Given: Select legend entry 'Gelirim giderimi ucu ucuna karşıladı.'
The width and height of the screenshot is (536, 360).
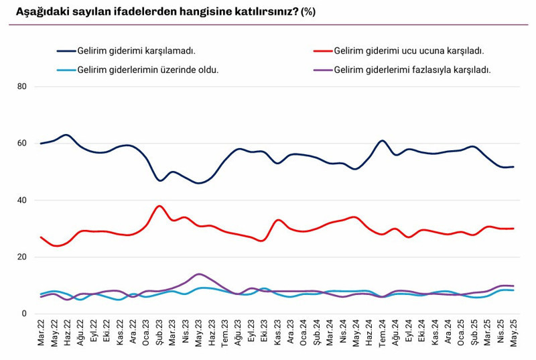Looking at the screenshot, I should click(x=408, y=50).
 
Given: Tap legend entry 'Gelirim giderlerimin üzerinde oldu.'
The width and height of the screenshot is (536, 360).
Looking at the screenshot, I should click(x=148, y=69).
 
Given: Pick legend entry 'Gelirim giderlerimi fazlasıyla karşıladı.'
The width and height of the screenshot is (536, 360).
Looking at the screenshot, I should click(x=412, y=69).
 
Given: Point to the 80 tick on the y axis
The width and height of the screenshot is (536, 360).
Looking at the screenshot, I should click(x=22, y=86).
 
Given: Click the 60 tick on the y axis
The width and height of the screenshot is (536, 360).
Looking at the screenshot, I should click(x=22, y=143).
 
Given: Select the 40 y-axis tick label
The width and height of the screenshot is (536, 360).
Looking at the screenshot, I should click(x=22, y=200).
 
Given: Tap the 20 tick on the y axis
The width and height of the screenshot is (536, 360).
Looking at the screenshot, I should click(x=22, y=257).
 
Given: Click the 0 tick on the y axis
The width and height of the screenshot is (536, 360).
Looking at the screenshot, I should click(x=24, y=314).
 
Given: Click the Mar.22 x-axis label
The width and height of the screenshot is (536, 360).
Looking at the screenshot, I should click(x=42, y=333).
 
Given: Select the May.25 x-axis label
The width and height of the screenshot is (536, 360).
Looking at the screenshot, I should click(x=513, y=333).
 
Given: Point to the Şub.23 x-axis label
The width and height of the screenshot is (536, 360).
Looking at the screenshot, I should click(x=159, y=333).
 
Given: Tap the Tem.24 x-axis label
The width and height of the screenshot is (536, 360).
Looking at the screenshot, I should click(x=382, y=333).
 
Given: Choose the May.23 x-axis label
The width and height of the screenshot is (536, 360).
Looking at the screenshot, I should click(x=198, y=333).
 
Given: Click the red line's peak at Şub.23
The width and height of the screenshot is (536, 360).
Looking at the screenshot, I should click(x=159, y=206).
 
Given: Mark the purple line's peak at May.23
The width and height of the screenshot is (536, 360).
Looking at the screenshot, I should click(x=198, y=274).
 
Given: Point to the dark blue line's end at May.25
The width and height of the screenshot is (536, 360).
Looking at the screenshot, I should click(x=513, y=167).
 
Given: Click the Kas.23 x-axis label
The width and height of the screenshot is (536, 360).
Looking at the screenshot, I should click(x=277, y=333).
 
